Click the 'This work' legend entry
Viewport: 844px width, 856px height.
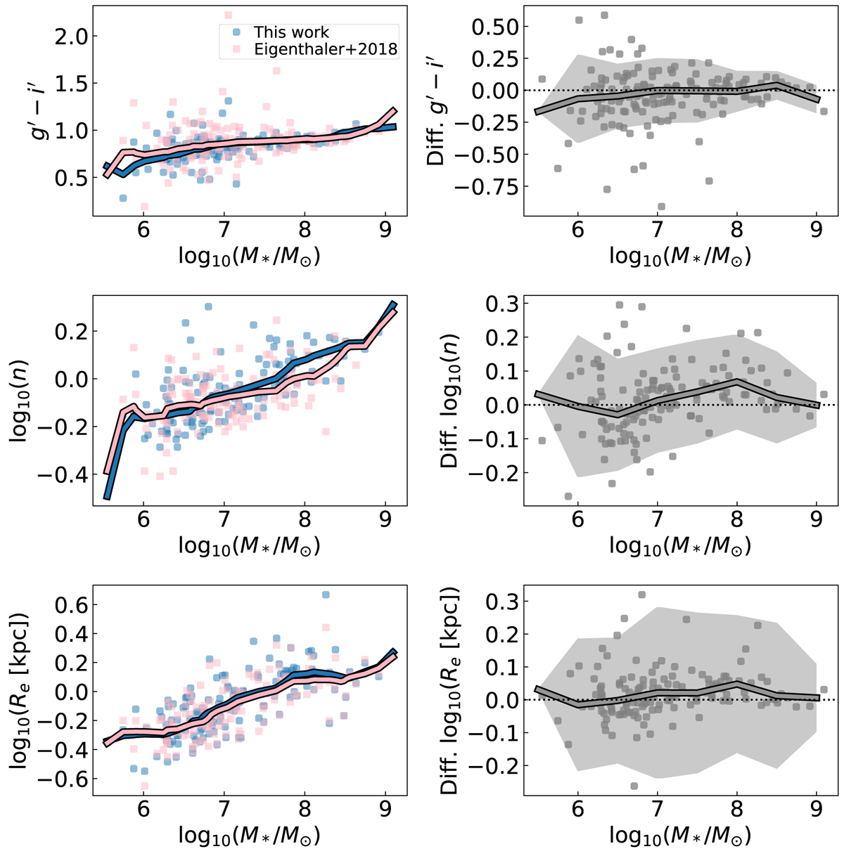tap(291, 32)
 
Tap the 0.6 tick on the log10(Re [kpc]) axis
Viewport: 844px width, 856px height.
tap(69, 605)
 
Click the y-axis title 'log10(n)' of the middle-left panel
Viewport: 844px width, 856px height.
tap(19, 397)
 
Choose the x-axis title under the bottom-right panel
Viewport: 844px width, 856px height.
tap(679, 835)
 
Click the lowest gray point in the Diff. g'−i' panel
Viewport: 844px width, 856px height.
tap(661, 207)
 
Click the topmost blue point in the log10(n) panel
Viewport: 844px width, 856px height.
tap(208, 306)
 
